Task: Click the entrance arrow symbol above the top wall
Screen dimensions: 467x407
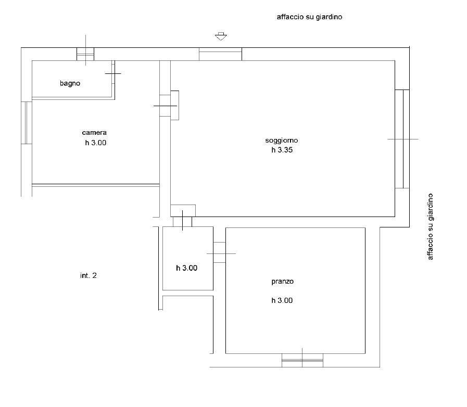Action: (221, 36)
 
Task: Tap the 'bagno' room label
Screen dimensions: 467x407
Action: (70, 83)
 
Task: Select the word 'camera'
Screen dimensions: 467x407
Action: (94, 133)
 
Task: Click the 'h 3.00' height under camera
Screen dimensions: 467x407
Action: (96, 143)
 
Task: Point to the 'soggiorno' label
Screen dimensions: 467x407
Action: (282, 141)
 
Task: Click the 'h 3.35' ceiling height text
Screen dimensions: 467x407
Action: (282, 150)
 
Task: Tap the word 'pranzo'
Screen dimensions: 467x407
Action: (282, 282)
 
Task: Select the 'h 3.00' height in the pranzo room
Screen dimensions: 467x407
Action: (282, 300)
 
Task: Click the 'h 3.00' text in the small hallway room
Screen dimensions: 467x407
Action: (187, 268)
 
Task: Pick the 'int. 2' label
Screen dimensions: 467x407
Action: (89, 276)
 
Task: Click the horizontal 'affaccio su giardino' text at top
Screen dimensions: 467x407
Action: (309, 17)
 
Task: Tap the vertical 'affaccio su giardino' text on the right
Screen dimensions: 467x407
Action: (431, 227)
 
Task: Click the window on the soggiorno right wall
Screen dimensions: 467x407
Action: (402, 139)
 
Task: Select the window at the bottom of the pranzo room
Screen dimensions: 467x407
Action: (302, 360)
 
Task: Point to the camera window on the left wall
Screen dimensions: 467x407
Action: (27, 123)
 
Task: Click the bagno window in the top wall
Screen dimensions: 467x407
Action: (85, 54)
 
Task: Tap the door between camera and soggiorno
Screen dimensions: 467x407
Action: (169, 106)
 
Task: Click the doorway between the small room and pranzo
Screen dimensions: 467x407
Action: (220, 252)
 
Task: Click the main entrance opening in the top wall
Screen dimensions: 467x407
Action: (220, 54)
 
